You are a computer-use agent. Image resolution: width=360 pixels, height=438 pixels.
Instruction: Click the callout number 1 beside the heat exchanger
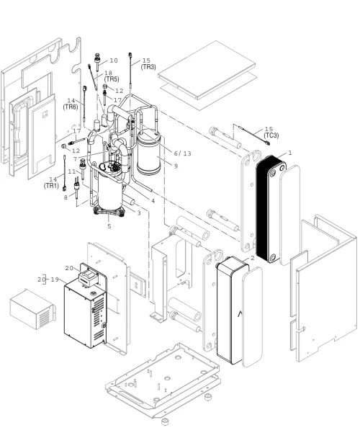click(290, 153)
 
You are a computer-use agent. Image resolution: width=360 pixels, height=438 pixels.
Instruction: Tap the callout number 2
click(253, 258)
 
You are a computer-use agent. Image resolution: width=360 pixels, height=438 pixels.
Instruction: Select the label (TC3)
click(271, 135)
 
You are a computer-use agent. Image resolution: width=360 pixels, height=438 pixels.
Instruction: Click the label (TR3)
click(148, 67)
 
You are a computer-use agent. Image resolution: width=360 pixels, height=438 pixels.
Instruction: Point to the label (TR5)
click(112, 79)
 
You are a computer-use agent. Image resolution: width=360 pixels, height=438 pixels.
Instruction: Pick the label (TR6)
click(71, 107)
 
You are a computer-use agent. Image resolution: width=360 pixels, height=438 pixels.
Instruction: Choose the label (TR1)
click(51, 186)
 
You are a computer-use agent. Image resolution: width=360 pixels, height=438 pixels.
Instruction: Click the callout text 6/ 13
click(182, 153)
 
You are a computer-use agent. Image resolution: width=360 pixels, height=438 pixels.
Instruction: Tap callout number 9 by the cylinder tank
click(176, 166)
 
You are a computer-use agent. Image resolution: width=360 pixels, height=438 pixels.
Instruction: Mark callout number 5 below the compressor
click(109, 225)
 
